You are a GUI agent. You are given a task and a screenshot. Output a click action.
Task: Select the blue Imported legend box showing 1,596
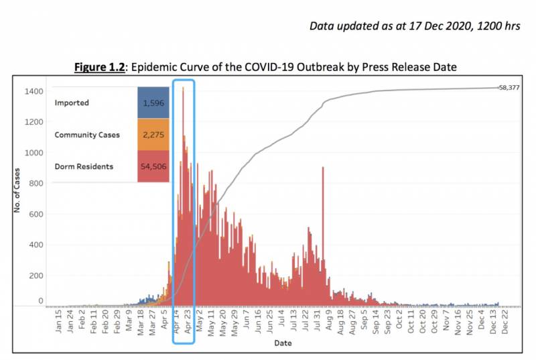pos(153,103)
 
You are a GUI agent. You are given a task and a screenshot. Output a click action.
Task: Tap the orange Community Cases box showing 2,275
pos(153,135)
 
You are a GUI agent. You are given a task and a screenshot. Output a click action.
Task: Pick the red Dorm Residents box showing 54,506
pos(153,166)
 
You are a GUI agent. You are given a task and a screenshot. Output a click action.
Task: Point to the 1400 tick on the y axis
pos(36,91)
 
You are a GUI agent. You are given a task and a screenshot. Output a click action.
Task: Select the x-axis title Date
pos(282,343)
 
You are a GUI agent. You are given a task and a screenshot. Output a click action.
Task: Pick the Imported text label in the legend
pos(72,103)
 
